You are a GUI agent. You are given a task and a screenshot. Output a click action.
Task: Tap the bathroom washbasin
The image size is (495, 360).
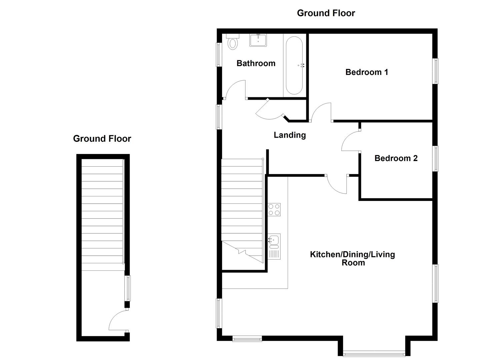pos(258,40)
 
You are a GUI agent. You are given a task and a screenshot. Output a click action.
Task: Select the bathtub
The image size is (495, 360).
pos(294,65)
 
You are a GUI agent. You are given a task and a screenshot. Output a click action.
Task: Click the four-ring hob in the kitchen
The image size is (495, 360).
pos(274,210)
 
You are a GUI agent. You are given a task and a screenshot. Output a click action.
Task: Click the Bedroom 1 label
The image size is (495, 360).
pos(367,72)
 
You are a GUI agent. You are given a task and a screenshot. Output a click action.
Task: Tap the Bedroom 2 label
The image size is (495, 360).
pos(396,158)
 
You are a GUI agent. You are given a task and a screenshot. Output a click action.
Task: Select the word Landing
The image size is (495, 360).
pos(290,135)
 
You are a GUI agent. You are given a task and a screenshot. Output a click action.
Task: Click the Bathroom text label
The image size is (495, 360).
pos(256,63)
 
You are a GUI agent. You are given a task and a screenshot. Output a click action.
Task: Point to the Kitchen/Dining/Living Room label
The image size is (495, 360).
pos(352,259)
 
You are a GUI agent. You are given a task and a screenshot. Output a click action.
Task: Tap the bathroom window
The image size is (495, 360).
pos(219,55)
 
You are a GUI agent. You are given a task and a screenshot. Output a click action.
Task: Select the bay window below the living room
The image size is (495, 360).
pos(374,354)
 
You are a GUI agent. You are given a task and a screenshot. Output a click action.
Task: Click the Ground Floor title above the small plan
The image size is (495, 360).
pos(102,139)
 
